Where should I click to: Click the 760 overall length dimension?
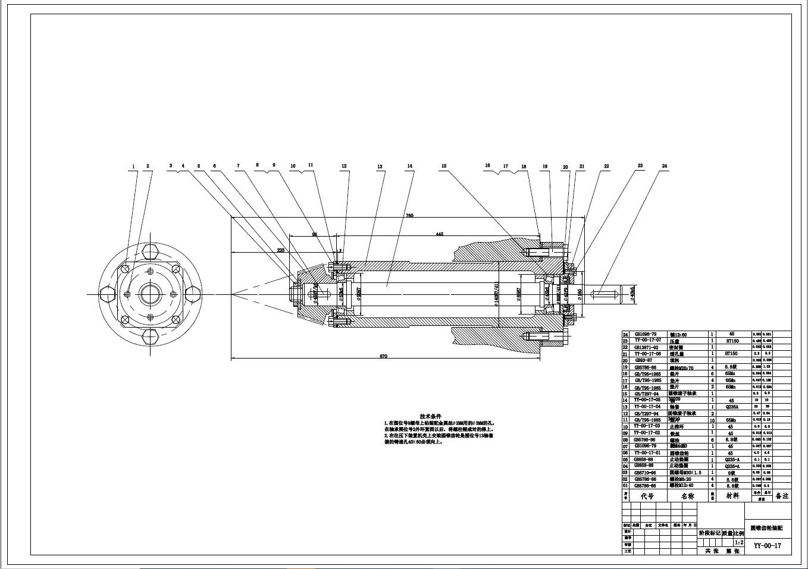(x=409, y=215)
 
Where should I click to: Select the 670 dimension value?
(x=383, y=356)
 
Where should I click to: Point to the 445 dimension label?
(x=439, y=234)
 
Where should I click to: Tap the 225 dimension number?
(x=281, y=250)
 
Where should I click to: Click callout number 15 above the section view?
(x=443, y=167)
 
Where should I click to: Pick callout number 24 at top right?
(x=664, y=167)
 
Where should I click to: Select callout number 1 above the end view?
(x=134, y=166)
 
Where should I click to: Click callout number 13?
(x=380, y=167)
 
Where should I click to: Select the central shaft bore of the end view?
(x=151, y=294)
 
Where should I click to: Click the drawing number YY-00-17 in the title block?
(x=767, y=546)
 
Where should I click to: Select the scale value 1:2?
(x=738, y=542)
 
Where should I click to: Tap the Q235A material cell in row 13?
(x=730, y=407)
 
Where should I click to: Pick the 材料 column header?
(x=730, y=495)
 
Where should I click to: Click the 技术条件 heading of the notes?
(x=430, y=416)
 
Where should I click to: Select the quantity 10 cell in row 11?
(x=713, y=420)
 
